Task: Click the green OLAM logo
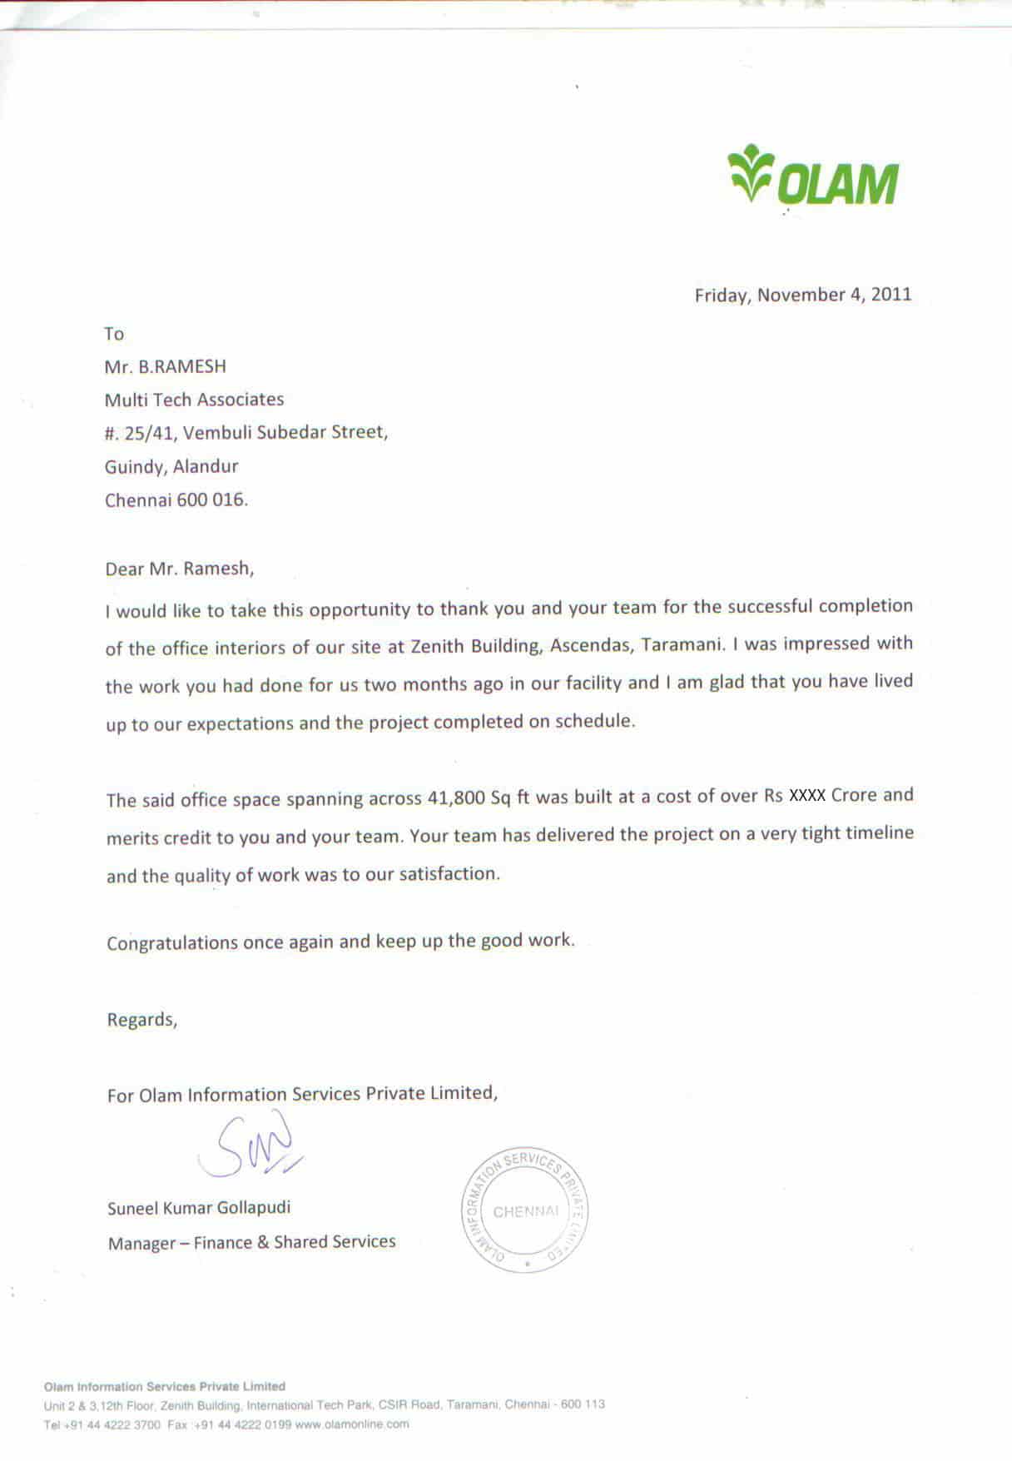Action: (x=813, y=176)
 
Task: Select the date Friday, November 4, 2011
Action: (x=802, y=295)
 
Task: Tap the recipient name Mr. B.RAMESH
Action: (x=165, y=367)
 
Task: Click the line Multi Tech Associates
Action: (x=194, y=400)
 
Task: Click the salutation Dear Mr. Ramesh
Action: (x=179, y=569)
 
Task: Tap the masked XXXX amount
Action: (x=806, y=795)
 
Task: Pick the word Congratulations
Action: (x=172, y=943)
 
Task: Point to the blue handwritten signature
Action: (x=250, y=1147)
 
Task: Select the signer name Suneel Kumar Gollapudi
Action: (x=199, y=1208)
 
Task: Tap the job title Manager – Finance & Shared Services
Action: (x=251, y=1243)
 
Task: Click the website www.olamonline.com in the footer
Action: (x=352, y=1424)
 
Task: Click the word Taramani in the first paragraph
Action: (x=679, y=644)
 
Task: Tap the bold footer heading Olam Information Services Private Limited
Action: (x=164, y=1387)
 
